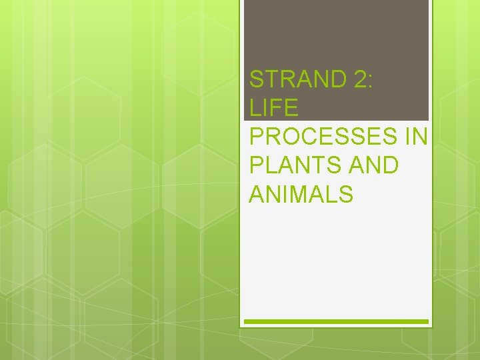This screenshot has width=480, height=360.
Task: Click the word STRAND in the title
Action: (x=295, y=79)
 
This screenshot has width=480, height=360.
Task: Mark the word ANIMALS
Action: (x=301, y=194)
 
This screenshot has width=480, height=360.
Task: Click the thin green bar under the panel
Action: (x=336, y=321)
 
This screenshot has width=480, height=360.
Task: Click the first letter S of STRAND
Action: (x=257, y=79)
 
